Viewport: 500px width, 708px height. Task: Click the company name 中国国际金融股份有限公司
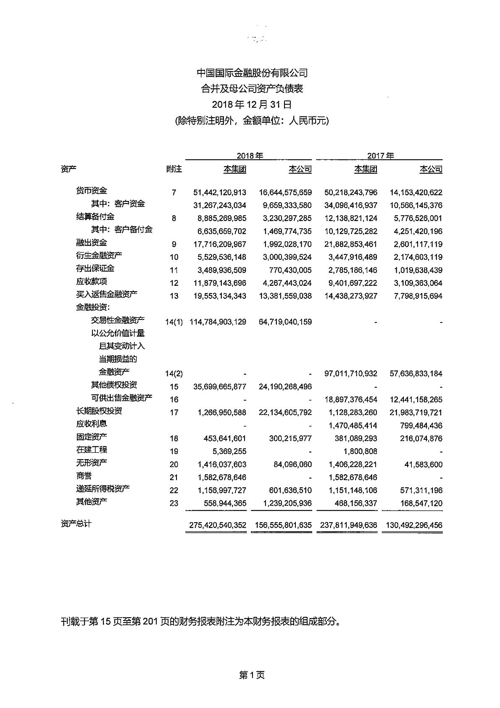(x=252, y=73)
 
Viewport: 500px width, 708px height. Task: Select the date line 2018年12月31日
(x=252, y=105)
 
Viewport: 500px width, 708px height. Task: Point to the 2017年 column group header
(x=380, y=156)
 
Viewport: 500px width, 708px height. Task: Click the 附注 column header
(x=174, y=169)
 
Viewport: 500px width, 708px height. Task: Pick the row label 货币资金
(x=92, y=191)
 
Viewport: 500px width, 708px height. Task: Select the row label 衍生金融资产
(x=99, y=256)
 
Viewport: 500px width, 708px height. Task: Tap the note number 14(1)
(x=174, y=322)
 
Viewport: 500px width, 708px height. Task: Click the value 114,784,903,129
(x=218, y=322)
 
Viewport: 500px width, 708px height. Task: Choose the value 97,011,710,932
(x=351, y=374)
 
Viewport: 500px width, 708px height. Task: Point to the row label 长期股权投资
(x=99, y=411)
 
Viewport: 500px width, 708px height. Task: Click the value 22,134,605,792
(x=285, y=412)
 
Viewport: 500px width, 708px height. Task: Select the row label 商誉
(x=84, y=476)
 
